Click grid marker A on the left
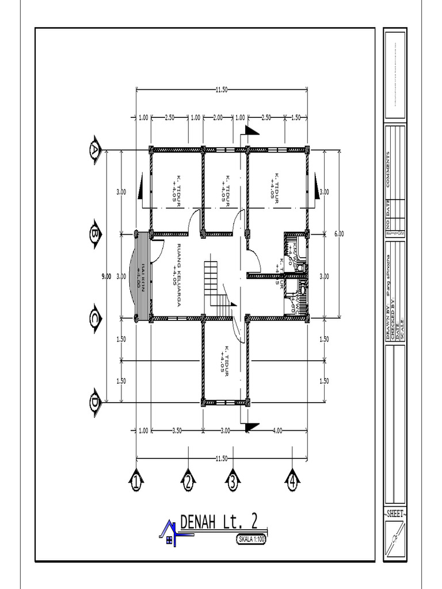94,151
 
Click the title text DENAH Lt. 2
219,522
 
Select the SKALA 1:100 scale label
252,539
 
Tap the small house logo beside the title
168,532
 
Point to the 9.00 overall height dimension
106,276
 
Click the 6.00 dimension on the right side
339,234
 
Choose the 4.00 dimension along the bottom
277,430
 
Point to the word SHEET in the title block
395,513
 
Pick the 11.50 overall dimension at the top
222,89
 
